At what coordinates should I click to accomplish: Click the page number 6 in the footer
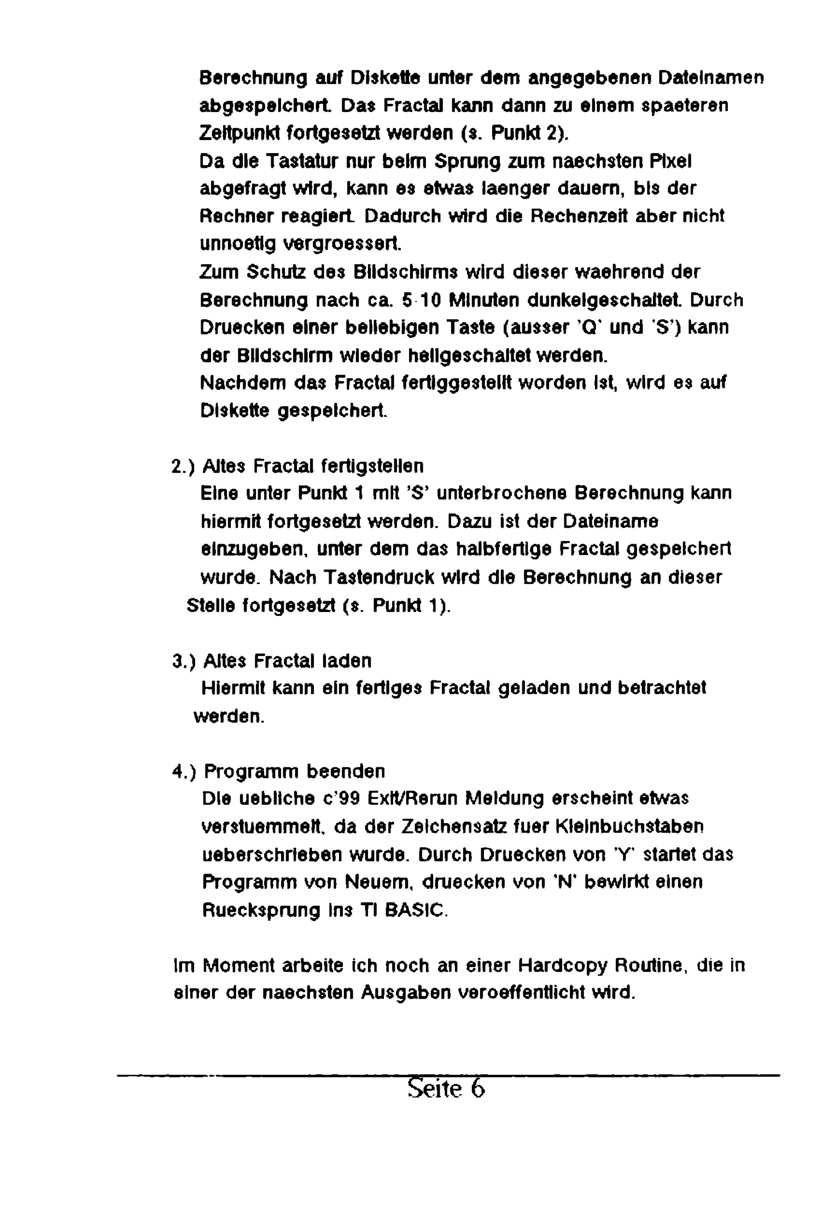point(478,1088)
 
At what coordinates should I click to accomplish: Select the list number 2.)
point(183,466)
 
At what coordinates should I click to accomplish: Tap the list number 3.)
point(184,661)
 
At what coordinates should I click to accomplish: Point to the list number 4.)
point(184,772)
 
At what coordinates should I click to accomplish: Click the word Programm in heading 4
point(251,772)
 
